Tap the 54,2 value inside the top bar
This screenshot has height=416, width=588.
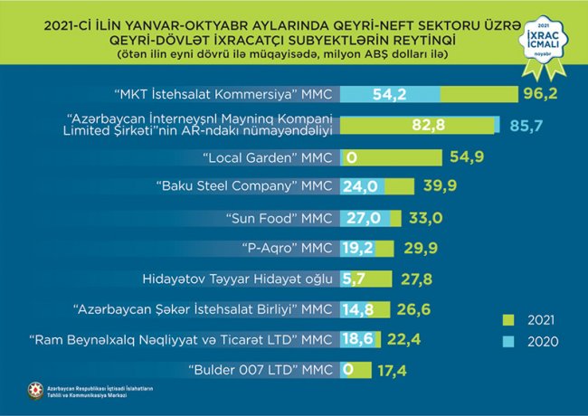[391, 94]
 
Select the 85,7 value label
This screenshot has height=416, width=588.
[523, 125]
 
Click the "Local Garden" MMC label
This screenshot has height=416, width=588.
[269, 157]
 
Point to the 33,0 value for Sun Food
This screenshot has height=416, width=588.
[425, 218]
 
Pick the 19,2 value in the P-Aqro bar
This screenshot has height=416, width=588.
[358, 248]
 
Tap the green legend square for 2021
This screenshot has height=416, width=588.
[507, 319]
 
